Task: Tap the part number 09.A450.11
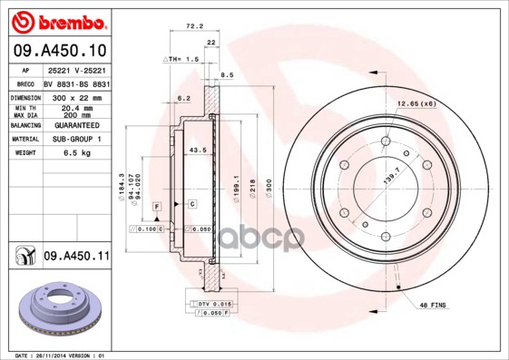pyautogui.click(x=76, y=258)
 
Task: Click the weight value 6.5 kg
pyautogui.click(x=76, y=152)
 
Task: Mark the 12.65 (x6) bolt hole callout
pyautogui.click(x=417, y=104)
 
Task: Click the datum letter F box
pyautogui.click(x=157, y=208)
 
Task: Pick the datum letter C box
pyautogui.click(x=192, y=203)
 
